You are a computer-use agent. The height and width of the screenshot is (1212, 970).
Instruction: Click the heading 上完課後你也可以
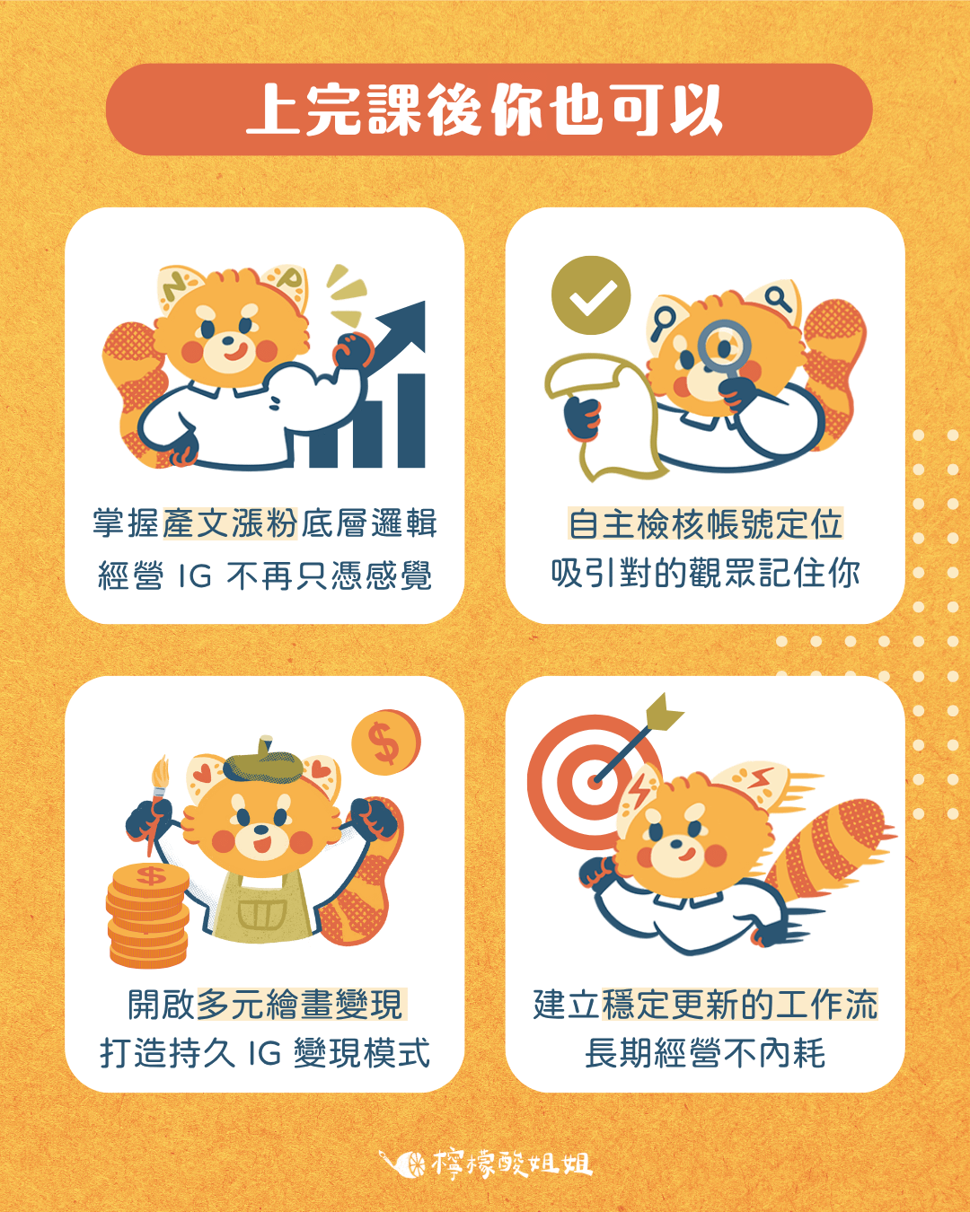click(485, 110)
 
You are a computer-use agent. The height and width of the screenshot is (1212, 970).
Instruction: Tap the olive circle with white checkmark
click(591, 295)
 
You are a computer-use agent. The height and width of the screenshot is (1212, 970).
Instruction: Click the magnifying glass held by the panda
click(724, 346)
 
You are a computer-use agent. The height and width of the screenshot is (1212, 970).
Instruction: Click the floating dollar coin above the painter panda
click(385, 743)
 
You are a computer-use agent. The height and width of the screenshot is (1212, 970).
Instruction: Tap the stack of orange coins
click(148, 916)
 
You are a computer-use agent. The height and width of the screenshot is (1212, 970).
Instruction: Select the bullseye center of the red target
click(594, 780)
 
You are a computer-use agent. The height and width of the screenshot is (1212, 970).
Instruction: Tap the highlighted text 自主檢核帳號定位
click(705, 524)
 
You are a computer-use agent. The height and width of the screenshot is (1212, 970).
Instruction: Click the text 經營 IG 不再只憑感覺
click(265, 575)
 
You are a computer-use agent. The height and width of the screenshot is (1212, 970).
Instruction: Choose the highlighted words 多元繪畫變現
click(300, 1005)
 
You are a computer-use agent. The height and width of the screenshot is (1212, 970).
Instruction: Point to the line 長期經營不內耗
click(705, 1053)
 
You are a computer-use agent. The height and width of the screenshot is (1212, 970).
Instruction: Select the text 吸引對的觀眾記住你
click(705, 573)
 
